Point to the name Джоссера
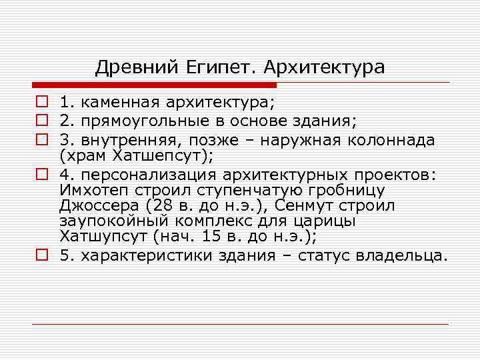(94, 205)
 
